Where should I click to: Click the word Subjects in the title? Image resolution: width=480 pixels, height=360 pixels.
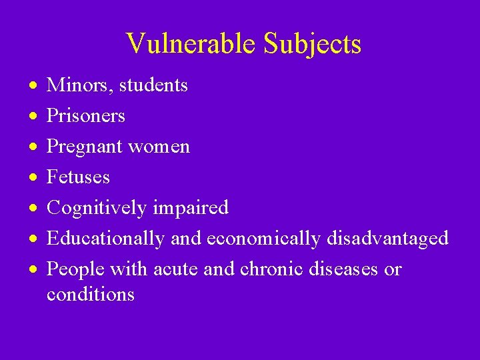point(312,44)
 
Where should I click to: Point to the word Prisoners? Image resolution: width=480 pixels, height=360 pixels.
point(86,116)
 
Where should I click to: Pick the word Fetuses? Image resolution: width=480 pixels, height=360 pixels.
point(78,177)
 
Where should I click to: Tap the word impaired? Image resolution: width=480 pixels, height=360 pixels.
point(190,208)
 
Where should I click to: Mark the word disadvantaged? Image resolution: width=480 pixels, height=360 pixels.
point(387,239)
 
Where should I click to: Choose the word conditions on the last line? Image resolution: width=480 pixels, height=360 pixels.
point(91,294)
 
